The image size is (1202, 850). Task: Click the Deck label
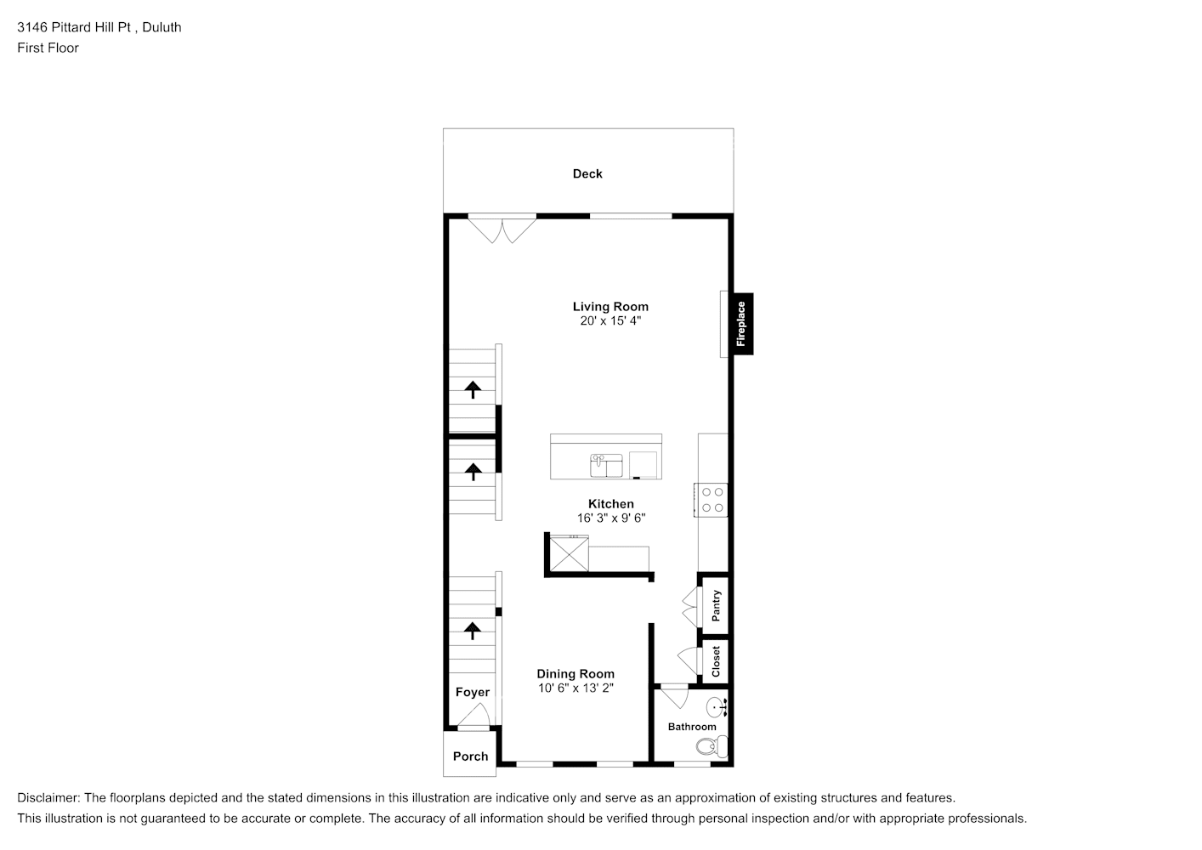pyautogui.click(x=587, y=173)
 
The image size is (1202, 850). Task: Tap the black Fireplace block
pyautogui.click(x=740, y=324)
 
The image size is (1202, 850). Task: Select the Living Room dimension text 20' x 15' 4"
pyautogui.click(x=610, y=321)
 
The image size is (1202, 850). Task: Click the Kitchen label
pyautogui.click(x=610, y=504)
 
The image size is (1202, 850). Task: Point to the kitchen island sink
pyautogui.click(x=606, y=466)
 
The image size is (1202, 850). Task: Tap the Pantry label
pyautogui.click(x=716, y=605)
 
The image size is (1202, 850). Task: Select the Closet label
pyautogui.click(x=716, y=661)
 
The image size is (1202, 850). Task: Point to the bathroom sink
pyautogui.click(x=718, y=706)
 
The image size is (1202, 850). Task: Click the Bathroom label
pyautogui.click(x=691, y=727)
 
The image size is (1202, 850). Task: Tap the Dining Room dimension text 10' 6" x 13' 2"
pyautogui.click(x=575, y=688)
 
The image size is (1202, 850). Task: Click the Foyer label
pyautogui.click(x=472, y=692)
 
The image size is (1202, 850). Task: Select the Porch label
pyautogui.click(x=470, y=756)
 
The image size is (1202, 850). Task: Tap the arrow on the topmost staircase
pyautogui.click(x=472, y=390)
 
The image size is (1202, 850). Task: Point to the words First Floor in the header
pyautogui.click(x=48, y=48)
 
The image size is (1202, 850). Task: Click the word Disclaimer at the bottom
pyautogui.click(x=48, y=798)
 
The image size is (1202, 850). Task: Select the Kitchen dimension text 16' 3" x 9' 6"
pyautogui.click(x=610, y=518)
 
